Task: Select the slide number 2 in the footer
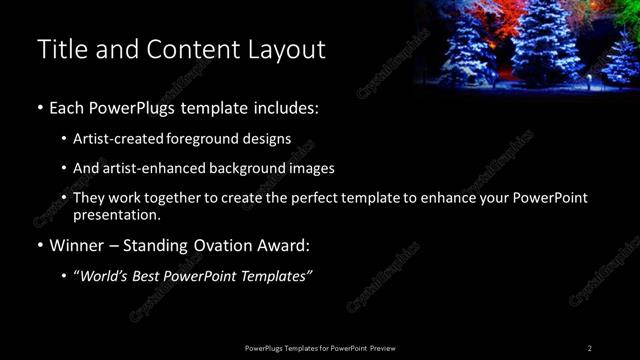(590, 347)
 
